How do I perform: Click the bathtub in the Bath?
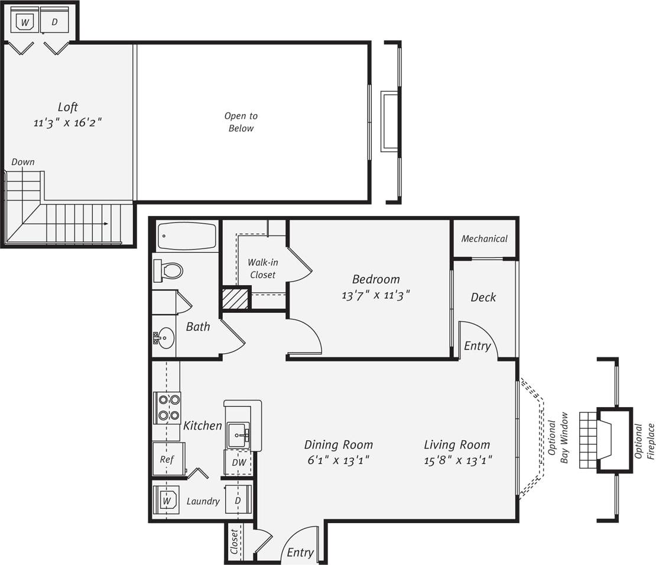click(x=187, y=236)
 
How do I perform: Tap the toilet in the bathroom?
click(x=170, y=271)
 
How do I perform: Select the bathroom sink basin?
click(x=165, y=338)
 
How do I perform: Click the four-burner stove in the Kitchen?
click(x=167, y=408)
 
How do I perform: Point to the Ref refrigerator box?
click(x=167, y=459)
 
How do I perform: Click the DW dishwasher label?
click(x=239, y=463)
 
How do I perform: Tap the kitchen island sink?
click(x=239, y=435)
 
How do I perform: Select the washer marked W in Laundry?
click(x=168, y=501)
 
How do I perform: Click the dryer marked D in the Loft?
click(x=55, y=22)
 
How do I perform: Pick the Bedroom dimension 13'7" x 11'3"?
click(x=375, y=294)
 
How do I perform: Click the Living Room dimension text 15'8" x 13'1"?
click(x=458, y=460)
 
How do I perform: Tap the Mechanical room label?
click(x=484, y=239)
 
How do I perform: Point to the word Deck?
click(x=483, y=298)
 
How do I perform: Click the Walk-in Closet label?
click(x=262, y=268)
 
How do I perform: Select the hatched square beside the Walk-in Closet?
click(x=235, y=298)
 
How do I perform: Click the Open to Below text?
click(x=241, y=122)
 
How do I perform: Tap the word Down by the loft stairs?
click(x=23, y=162)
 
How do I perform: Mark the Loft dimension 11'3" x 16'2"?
click(x=68, y=123)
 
